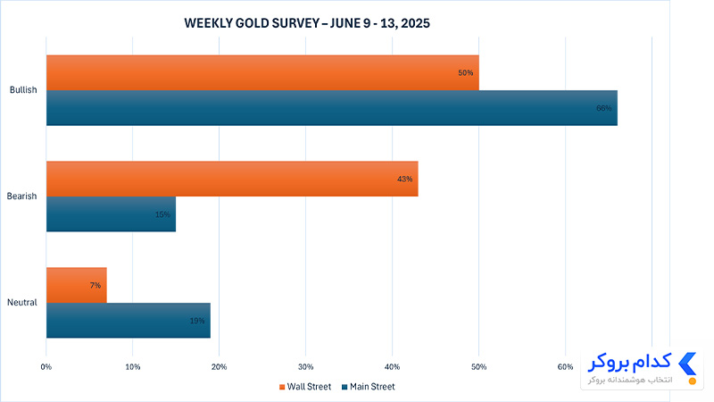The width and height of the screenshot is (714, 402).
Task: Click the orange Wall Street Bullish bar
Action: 262,73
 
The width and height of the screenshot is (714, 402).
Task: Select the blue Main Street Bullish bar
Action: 332,108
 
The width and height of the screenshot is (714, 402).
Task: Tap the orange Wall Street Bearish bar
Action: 232,179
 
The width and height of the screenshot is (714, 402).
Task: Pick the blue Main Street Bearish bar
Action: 111,214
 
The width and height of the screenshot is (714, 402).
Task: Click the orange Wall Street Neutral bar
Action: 77,285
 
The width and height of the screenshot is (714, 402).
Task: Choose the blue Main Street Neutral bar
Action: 129,321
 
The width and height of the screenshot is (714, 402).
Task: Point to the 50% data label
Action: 465,73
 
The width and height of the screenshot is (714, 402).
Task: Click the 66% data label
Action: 604,108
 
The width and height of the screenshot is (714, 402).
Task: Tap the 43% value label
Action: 405,180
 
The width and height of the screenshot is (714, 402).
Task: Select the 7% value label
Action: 95,285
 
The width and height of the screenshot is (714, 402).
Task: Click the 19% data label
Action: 197,321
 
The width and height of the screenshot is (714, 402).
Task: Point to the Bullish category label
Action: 23,90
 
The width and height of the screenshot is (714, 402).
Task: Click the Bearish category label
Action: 21,196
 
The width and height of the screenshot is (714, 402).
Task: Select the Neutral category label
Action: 21,302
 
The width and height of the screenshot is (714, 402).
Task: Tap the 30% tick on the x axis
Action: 305,367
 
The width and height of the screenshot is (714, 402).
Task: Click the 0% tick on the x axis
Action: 46,367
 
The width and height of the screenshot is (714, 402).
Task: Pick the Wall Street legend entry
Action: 305,387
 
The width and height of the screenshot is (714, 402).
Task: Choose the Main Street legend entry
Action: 368,387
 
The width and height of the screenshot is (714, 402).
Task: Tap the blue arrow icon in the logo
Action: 687,364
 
